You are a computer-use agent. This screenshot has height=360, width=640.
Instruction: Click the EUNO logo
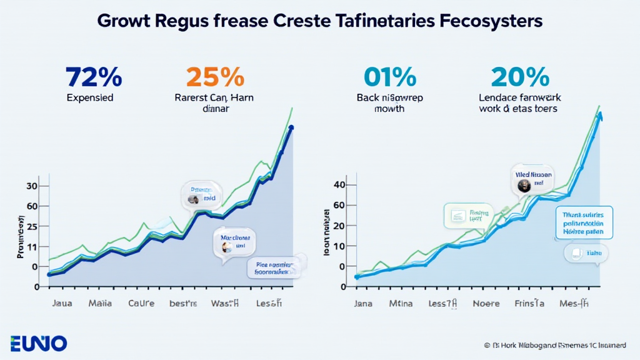coord(39,343)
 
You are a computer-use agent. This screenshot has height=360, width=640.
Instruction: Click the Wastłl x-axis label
coord(226,304)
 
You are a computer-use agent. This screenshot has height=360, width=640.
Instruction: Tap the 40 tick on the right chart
coord(339,185)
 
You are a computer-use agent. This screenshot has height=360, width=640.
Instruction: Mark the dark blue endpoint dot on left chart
coord(291,129)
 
